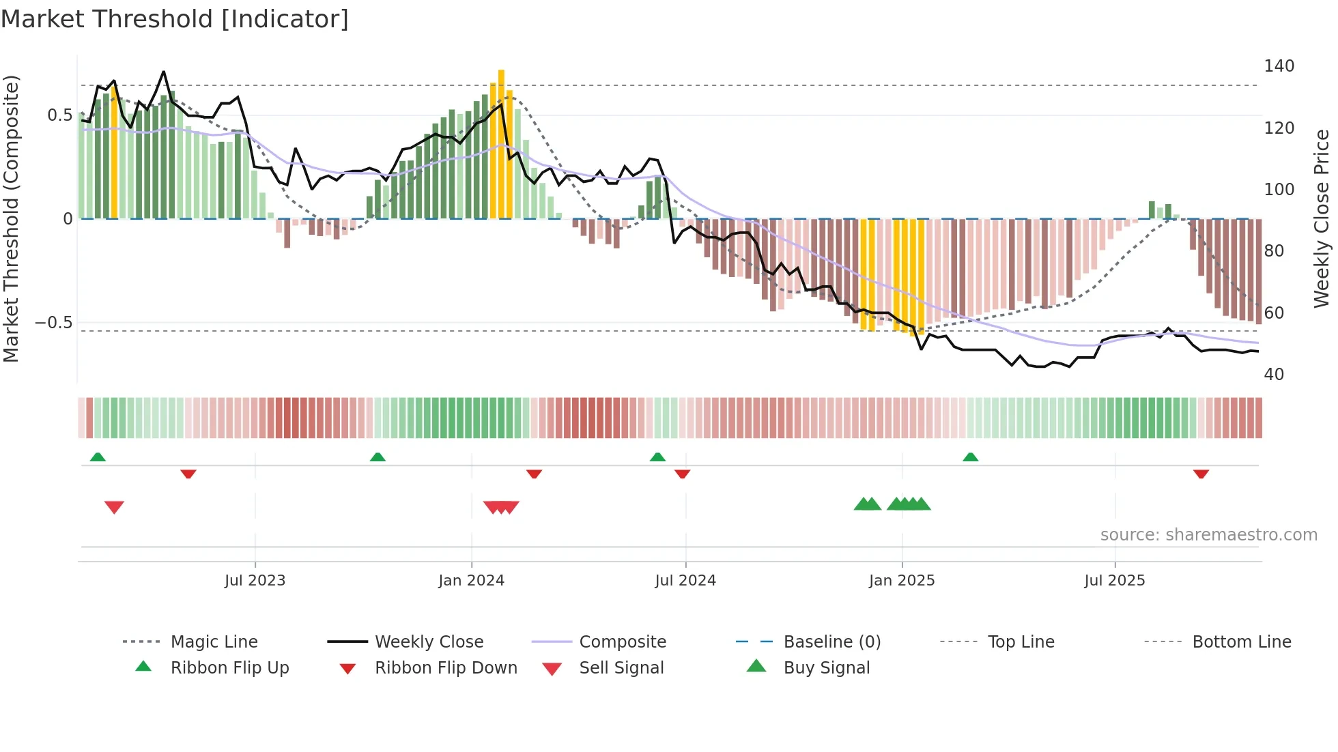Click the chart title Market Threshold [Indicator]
(x=175, y=19)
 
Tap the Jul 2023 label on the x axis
(x=255, y=581)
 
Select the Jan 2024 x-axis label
(x=471, y=581)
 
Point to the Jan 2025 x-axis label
(x=901, y=581)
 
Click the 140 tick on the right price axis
(x=1279, y=66)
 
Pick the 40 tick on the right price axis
(x=1274, y=375)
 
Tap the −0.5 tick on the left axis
(x=54, y=323)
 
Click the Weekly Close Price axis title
(x=1322, y=218)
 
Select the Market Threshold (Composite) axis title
(x=11, y=218)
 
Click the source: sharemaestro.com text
(x=1208, y=535)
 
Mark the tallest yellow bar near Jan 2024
(x=501, y=143)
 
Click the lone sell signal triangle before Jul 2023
(x=114, y=507)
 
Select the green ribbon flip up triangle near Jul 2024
(x=657, y=457)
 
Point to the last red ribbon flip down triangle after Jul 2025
(x=1201, y=474)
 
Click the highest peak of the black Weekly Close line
(x=163, y=72)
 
